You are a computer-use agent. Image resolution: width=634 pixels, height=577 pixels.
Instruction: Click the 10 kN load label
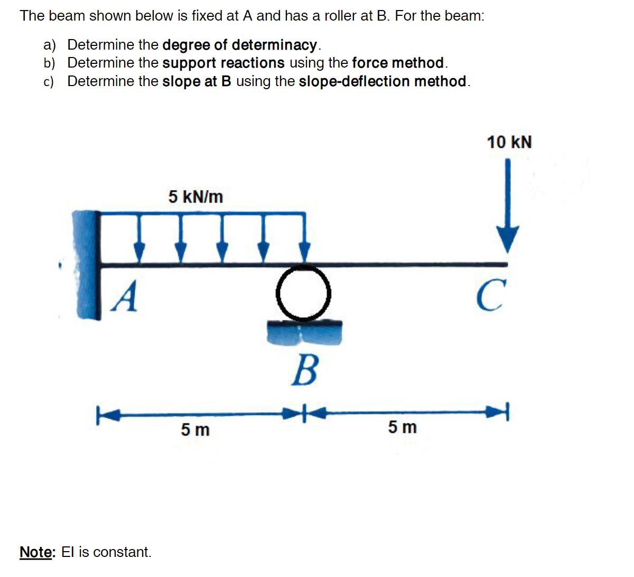coord(509,143)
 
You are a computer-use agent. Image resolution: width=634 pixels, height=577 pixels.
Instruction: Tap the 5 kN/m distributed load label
coord(195,197)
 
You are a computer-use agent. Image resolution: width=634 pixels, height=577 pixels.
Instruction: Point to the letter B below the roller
coord(305,370)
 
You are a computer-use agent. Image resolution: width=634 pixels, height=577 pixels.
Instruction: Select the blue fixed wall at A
coord(87,264)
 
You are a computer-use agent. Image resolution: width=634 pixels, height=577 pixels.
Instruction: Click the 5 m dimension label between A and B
coord(195,430)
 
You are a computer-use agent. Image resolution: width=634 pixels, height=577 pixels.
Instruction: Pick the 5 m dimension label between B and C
coord(402,427)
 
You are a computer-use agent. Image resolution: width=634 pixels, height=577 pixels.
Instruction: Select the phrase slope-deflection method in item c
coord(383,81)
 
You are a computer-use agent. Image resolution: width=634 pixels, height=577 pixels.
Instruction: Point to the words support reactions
coord(223,63)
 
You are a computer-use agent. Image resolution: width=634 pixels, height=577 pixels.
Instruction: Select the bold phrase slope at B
coord(197,81)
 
